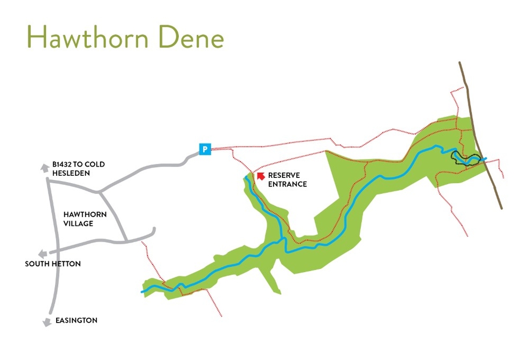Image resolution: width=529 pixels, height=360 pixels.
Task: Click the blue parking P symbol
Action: click(205, 149)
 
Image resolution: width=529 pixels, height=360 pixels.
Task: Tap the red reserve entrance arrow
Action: click(261, 176)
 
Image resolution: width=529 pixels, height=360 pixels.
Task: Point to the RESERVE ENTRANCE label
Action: click(287, 180)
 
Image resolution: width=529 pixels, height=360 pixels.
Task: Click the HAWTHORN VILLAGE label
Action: click(85, 219)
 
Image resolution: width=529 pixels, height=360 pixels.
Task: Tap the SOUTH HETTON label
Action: click(53, 264)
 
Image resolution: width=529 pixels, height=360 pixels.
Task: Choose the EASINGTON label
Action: click(77, 320)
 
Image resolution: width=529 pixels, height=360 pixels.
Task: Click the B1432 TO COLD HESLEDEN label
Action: click(78, 169)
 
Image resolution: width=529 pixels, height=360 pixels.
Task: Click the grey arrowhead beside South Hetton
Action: click(41, 254)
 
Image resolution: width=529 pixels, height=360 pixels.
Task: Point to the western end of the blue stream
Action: click(143, 291)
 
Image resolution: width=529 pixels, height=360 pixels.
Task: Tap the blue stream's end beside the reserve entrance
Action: click(246, 177)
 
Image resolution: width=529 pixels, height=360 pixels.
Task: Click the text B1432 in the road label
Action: click(62, 164)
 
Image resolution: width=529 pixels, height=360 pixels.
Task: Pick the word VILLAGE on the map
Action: click(78, 223)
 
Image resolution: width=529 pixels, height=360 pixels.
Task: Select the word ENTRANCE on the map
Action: click(288, 184)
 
